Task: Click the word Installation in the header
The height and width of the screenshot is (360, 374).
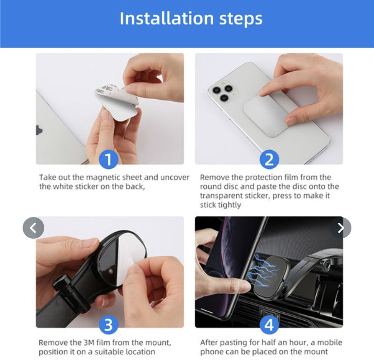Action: tap(166, 18)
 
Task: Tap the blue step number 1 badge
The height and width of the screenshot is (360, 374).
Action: tap(108, 159)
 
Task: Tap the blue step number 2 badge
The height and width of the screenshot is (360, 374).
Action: tap(269, 159)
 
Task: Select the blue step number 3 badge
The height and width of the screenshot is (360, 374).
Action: tap(108, 325)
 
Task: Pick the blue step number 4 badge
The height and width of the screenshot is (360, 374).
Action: tap(269, 325)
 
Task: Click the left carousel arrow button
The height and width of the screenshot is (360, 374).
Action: tap(33, 228)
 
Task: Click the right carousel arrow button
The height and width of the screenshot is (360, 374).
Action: tap(341, 228)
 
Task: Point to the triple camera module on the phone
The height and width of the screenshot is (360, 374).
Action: tap(223, 92)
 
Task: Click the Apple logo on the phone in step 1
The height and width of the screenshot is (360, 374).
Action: tap(39, 130)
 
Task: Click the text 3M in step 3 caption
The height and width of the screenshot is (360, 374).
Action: tap(89, 342)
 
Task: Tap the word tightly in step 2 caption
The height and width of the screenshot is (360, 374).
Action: tap(230, 205)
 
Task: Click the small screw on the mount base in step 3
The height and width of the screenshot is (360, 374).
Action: tap(110, 271)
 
